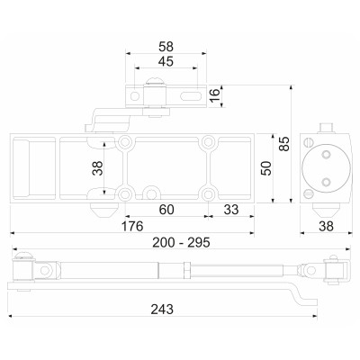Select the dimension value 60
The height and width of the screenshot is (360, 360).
(166, 210)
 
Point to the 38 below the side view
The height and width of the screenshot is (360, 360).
(325, 227)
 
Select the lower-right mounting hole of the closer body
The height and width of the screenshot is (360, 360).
(209, 193)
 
